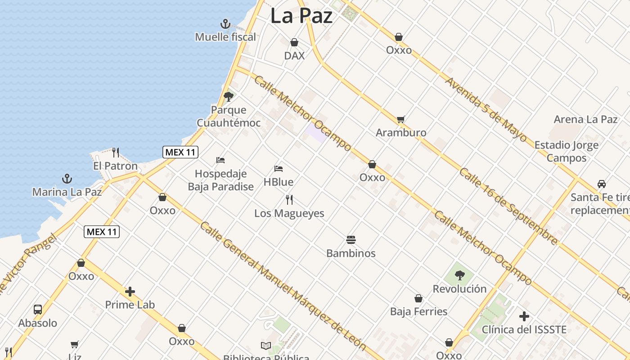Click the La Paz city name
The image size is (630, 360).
coord(301,16)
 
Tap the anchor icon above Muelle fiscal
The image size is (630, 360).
coord(225,23)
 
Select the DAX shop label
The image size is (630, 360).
coord(294,55)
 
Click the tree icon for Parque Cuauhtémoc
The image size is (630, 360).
coord(229,96)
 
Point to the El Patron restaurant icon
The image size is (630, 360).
coord(116,153)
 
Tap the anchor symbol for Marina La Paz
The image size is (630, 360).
coord(67,179)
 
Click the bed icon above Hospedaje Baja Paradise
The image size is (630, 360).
coord(220,160)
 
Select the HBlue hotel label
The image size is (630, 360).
coord(279,182)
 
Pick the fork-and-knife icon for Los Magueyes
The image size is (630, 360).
coord(289,199)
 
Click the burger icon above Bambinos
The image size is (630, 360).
coord(351,239)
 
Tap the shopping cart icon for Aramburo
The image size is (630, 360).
coord(401,119)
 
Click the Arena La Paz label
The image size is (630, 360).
coord(585,119)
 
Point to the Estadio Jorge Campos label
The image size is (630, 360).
coord(566,151)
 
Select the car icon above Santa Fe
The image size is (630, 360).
coord(602,184)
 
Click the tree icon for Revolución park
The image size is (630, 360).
coord(459,275)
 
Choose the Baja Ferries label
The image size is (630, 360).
coord(418,311)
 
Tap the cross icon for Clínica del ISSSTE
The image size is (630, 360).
coord(524,316)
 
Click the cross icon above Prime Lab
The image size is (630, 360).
coord(130,292)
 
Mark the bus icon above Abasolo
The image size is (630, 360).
coord(38,310)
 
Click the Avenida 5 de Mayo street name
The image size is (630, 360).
coord(486,110)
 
